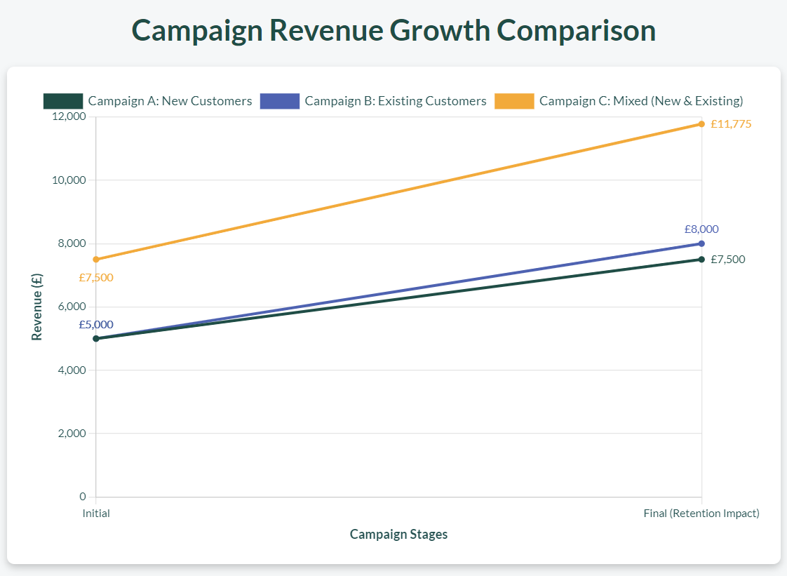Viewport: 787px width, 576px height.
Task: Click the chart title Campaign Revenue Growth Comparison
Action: [393, 31]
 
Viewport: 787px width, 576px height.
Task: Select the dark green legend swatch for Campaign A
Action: [62, 101]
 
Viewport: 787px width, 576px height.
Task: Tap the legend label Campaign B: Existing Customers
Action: [395, 101]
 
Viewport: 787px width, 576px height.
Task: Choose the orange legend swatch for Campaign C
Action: [513, 101]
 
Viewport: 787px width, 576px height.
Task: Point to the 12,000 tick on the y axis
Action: [69, 117]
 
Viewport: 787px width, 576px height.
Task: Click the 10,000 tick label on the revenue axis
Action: [69, 180]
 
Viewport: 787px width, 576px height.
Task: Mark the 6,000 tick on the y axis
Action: [72, 307]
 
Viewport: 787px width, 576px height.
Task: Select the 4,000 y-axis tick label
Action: [72, 370]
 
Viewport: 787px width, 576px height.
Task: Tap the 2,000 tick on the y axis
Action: [72, 434]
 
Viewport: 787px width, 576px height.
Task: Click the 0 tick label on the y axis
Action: [82, 497]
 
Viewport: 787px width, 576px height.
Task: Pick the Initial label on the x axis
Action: [96, 514]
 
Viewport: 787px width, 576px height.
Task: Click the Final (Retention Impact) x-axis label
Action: [701, 514]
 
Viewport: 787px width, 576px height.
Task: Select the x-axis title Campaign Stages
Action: [398, 535]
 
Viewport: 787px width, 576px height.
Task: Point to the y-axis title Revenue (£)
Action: [37, 307]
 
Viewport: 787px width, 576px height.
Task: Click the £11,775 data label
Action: [731, 124]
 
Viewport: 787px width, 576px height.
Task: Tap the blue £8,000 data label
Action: [701, 229]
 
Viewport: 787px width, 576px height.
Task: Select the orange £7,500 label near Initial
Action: [96, 278]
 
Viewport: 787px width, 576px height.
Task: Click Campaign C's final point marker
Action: [701, 124]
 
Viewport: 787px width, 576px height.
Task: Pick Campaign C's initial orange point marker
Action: [96, 260]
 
